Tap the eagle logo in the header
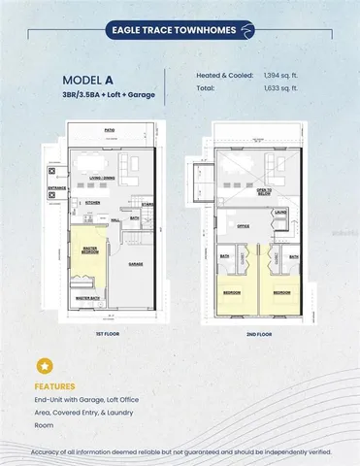(x=249, y=30)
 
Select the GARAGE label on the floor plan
(x=136, y=262)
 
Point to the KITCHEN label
(x=95, y=203)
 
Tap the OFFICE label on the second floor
(x=244, y=225)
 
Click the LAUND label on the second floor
(x=280, y=212)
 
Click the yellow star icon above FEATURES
(x=44, y=367)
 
